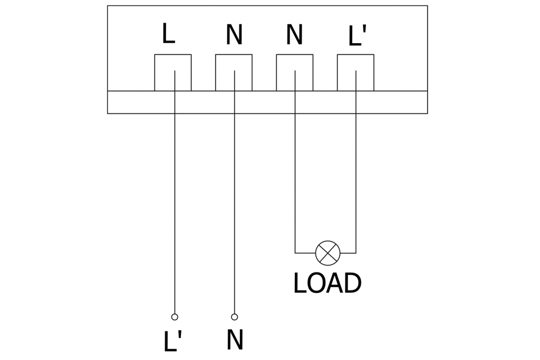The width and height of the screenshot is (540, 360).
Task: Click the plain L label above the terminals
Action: [x=168, y=34]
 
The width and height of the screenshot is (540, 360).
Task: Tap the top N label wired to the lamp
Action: [x=294, y=35]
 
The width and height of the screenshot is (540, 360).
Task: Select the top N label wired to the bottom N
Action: [x=234, y=35]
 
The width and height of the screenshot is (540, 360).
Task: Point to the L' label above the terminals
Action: [x=357, y=36]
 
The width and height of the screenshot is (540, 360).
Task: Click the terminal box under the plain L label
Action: [x=173, y=72]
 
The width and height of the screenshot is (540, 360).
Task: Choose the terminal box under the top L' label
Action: [x=355, y=72]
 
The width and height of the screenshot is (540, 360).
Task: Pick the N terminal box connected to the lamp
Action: [x=295, y=72]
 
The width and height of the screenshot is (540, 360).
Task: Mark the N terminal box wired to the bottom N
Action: [x=234, y=72]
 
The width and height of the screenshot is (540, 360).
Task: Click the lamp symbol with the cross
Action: [x=328, y=252]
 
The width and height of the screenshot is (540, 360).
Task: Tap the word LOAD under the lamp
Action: [x=327, y=284]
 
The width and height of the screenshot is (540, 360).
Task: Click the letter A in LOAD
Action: [x=335, y=284]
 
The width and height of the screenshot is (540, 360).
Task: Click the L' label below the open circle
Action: [x=172, y=342]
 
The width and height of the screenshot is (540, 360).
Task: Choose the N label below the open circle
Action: [x=235, y=340]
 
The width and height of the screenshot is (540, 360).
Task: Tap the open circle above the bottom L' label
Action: [x=175, y=317]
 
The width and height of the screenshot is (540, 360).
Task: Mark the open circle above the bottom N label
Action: [x=235, y=317]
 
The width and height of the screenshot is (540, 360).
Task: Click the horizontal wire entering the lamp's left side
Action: [x=305, y=252]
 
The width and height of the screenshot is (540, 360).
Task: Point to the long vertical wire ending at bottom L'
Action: [x=174, y=211]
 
